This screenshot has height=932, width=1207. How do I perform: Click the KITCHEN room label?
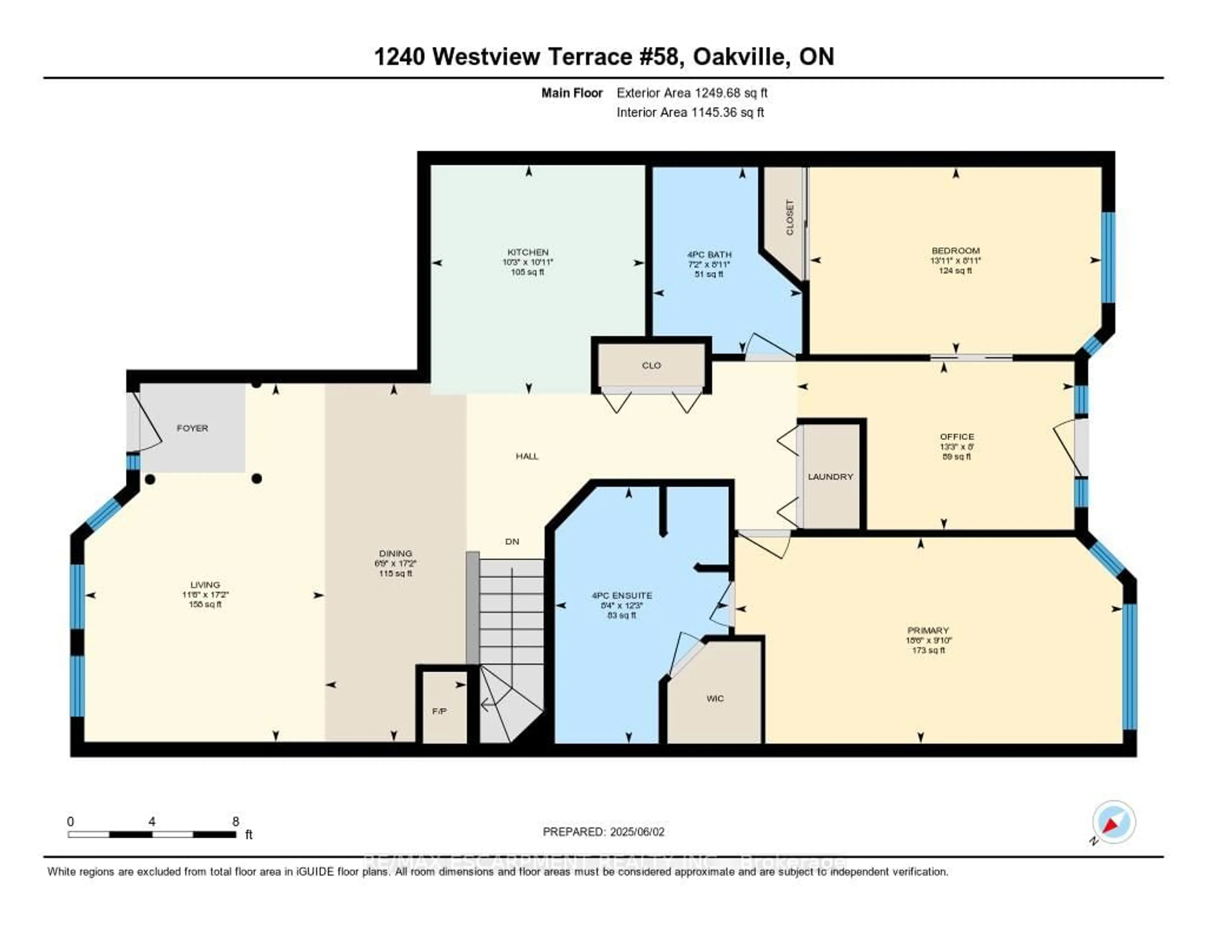pyautogui.click(x=528, y=252)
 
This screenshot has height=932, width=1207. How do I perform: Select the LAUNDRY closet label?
pyautogui.click(x=830, y=477)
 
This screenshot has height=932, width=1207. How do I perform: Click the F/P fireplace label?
pyautogui.click(x=439, y=711)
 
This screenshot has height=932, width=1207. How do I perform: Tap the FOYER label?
pyautogui.click(x=192, y=428)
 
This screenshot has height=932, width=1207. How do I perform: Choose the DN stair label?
pyautogui.click(x=512, y=541)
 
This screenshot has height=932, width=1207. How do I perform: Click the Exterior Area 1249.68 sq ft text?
pyautogui.click(x=692, y=93)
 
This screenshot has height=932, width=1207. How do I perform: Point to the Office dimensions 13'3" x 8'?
pyautogui.click(x=956, y=447)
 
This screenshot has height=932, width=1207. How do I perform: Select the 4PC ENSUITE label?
pyautogui.click(x=622, y=595)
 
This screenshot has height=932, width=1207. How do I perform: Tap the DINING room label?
pyautogui.click(x=395, y=553)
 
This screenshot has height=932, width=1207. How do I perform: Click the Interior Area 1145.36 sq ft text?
pyautogui.click(x=690, y=112)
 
